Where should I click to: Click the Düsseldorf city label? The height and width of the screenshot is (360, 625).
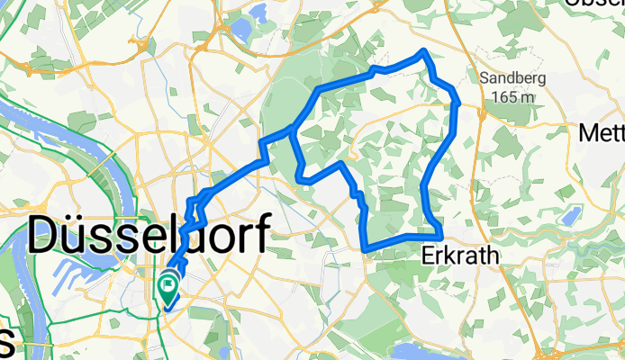(149, 238)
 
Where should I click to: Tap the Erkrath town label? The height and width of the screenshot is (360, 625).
(458, 256)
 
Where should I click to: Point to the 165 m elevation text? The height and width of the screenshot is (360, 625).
(511, 95)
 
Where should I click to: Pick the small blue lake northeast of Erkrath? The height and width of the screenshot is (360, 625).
(569, 216)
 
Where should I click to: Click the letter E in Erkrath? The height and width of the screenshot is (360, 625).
(428, 256)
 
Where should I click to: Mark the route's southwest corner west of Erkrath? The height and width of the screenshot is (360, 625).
(365, 247)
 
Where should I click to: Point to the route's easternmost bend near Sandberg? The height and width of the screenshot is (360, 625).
(458, 102)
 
